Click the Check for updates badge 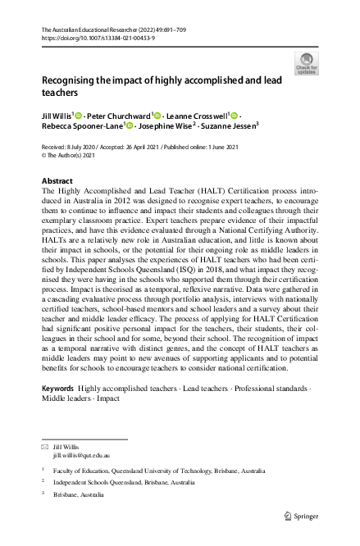(307, 63)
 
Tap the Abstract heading (57, 180)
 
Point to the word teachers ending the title (58, 94)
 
